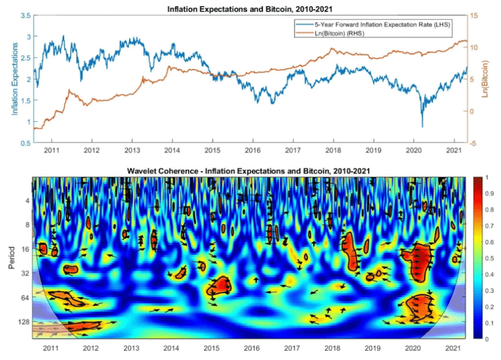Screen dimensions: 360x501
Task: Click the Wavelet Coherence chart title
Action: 250,170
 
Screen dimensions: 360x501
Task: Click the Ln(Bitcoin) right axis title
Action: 485,79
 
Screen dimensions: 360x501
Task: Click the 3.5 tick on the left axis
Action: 25,16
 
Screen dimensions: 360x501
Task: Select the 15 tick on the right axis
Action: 474,16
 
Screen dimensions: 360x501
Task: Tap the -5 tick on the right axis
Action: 474,144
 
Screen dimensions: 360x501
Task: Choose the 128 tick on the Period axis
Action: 22,321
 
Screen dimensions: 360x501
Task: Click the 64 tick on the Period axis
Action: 24,298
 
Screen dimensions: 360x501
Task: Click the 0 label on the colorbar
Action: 489,339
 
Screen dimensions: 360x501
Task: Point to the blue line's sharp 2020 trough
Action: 422,127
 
